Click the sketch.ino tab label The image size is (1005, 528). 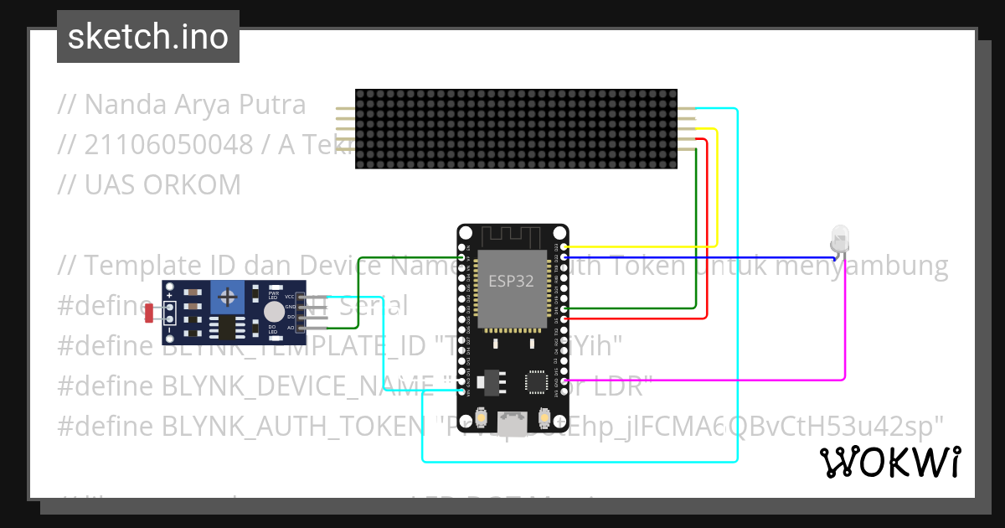[148, 37]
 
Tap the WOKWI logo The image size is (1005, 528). [889, 462]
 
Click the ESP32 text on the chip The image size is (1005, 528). [511, 281]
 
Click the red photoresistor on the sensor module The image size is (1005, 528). [150, 313]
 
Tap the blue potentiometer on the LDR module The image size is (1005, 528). [228, 295]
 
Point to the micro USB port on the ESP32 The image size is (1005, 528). [513, 425]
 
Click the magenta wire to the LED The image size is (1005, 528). [843, 335]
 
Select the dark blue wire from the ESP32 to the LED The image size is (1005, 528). [703, 257]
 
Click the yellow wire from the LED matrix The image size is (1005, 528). [716, 193]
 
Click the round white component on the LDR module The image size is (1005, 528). [273, 313]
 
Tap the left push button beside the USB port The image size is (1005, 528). [482, 417]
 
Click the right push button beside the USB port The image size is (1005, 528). [544, 417]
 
